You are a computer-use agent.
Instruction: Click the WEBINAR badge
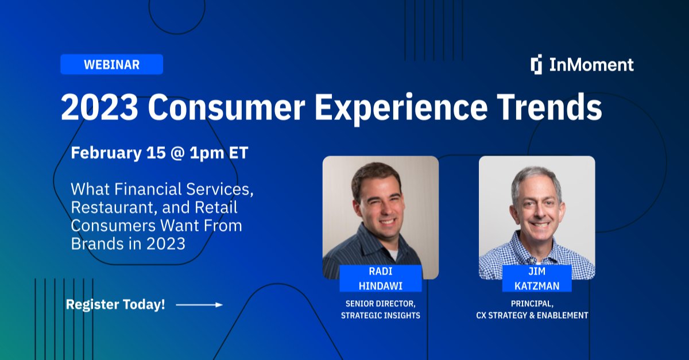coord(111,64)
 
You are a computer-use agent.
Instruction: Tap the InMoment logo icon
coord(536,64)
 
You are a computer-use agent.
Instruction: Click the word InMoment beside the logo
coord(591,64)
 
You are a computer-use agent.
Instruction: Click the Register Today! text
coord(115,305)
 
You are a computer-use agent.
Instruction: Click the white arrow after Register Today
coord(199,305)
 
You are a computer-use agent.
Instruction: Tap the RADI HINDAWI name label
coord(380,278)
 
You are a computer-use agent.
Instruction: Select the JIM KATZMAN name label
coord(537,278)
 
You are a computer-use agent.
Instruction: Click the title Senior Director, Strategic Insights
coord(380,309)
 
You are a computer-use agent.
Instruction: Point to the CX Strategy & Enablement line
coord(532,315)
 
